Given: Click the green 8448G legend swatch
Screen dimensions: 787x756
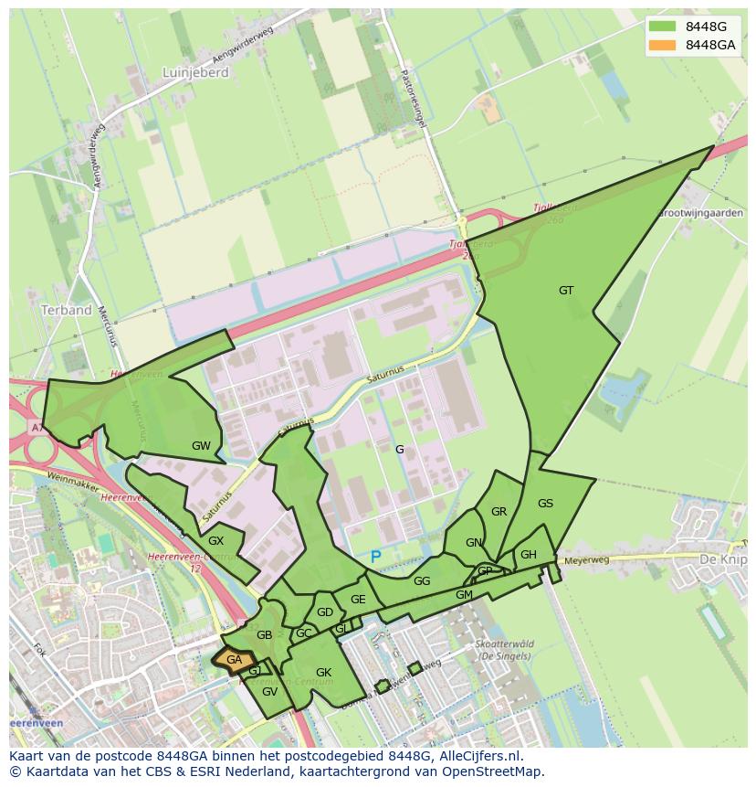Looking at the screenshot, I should tap(663, 26).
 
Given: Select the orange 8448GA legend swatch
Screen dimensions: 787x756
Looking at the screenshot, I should tap(663, 45).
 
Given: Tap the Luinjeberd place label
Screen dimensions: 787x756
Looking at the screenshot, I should tap(194, 72).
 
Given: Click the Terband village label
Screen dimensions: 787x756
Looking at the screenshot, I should tap(66, 310).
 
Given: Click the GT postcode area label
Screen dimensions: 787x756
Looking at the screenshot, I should tap(566, 291).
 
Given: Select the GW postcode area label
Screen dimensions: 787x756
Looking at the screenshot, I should tap(201, 446).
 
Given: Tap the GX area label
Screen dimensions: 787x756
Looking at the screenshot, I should tap(215, 541).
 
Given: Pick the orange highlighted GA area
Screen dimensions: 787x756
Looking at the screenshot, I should tap(234, 660).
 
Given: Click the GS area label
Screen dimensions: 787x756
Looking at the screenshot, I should tap(545, 504).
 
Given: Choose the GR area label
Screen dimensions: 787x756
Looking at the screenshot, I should tap(499, 512).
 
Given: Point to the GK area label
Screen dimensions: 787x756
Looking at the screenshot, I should tap(323, 673).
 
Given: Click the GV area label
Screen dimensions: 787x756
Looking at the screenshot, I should tap(269, 692).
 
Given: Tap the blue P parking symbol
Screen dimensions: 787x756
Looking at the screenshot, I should tap(375, 557).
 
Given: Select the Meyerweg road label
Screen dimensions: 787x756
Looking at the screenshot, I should tap(585, 560).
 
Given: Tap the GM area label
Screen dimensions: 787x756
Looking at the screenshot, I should tap(464, 595).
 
